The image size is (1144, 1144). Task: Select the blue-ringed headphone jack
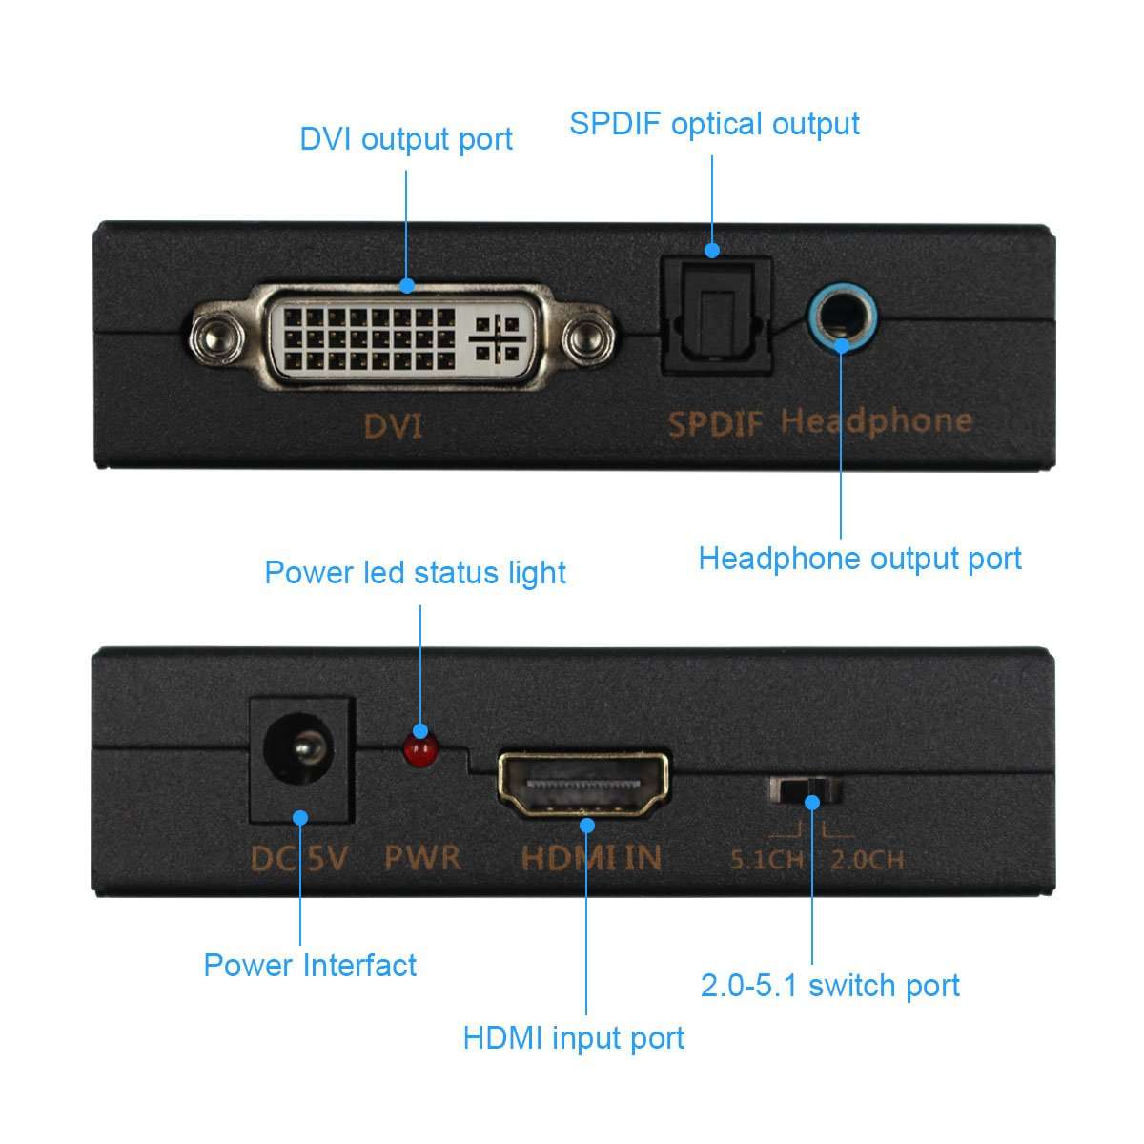point(841,323)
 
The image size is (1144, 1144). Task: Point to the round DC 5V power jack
point(300,758)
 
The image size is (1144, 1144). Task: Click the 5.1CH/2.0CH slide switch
point(807,790)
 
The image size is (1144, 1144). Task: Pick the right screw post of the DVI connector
point(585,337)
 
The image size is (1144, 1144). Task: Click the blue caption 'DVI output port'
point(406,139)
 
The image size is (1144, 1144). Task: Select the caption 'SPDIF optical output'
point(714,124)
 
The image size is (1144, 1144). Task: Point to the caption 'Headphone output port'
point(860,559)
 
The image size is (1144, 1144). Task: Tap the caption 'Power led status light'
point(415,573)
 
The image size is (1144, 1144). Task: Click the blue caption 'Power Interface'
point(310,965)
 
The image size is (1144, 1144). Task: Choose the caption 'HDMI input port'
point(574,1037)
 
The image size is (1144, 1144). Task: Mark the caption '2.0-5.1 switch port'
point(829,986)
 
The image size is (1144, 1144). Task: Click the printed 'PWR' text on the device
point(421,857)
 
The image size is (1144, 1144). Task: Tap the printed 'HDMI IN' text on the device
point(591,857)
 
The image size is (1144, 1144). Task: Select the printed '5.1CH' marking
point(766,860)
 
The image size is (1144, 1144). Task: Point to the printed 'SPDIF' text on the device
point(715,422)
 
